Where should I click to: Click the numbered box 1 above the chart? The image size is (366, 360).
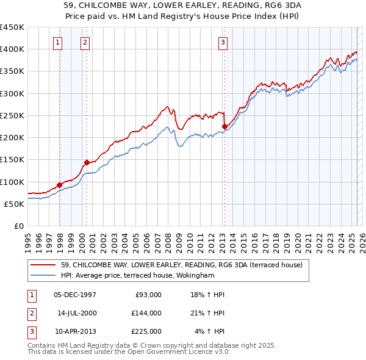(x=57, y=42)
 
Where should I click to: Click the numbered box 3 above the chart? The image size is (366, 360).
(x=223, y=42)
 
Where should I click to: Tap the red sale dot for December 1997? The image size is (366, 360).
(x=59, y=185)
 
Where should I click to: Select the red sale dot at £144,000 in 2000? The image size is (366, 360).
(x=87, y=162)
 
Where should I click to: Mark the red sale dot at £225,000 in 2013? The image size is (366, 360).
(x=224, y=127)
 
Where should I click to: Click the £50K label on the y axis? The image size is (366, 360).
(x=14, y=204)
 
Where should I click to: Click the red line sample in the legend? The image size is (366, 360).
(x=44, y=265)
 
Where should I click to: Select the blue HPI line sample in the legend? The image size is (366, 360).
(x=44, y=275)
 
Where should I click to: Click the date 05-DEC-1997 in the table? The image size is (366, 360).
(x=74, y=295)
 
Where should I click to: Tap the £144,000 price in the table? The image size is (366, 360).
(x=146, y=313)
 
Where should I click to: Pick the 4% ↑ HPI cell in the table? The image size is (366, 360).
(x=210, y=331)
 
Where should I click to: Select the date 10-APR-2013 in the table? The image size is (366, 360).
(x=74, y=331)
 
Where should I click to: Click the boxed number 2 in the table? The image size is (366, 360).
(x=31, y=313)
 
